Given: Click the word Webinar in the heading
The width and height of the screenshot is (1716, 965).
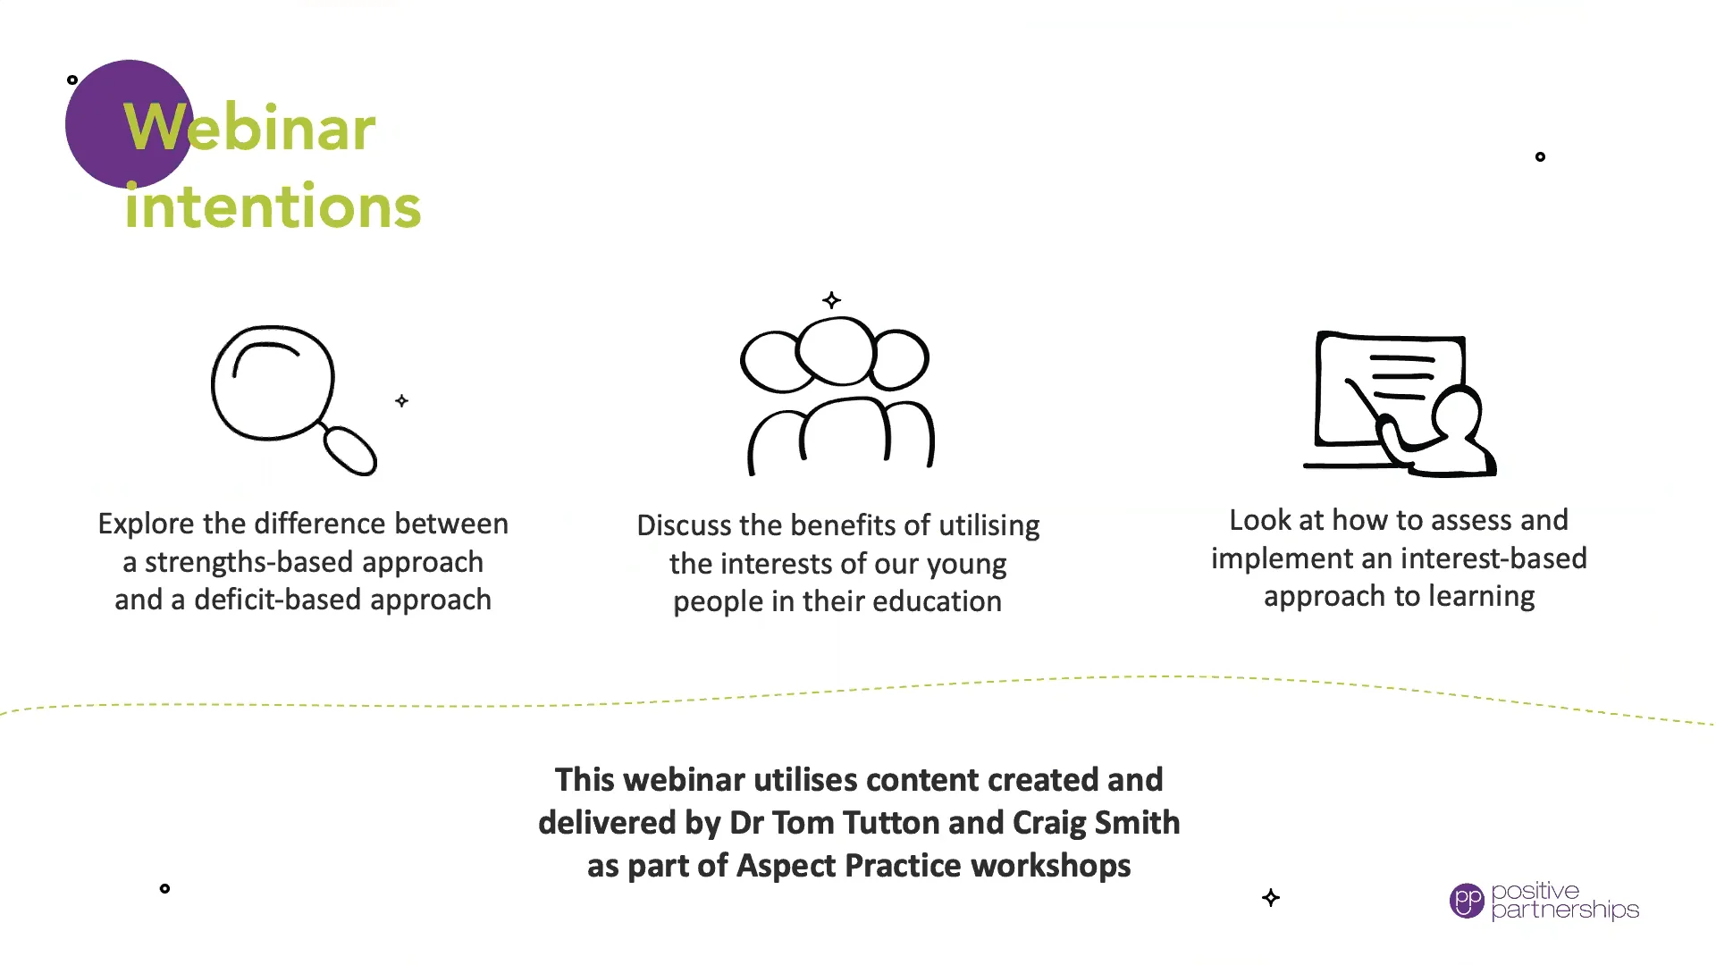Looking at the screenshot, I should pyautogui.click(x=249, y=128).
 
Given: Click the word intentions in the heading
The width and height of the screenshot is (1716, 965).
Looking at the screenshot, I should pyautogui.click(x=273, y=206).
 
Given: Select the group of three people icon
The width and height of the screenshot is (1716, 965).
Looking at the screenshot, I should pyautogui.click(x=837, y=393).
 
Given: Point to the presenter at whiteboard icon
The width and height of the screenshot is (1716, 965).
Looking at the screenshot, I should pyautogui.click(x=1399, y=404).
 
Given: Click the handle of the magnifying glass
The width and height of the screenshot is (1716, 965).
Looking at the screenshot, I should pyautogui.click(x=350, y=450).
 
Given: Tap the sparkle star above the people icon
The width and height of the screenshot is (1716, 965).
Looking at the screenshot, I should pyautogui.click(x=831, y=300).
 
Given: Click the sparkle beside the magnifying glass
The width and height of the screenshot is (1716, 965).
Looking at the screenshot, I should pyautogui.click(x=401, y=401).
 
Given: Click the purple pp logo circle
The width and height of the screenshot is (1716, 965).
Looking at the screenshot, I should pyautogui.click(x=1466, y=901).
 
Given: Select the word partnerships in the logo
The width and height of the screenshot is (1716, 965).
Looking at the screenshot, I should pyautogui.click(x=1565, y=910).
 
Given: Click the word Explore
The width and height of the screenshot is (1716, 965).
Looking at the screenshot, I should pyautogui.click(x=146, y=524).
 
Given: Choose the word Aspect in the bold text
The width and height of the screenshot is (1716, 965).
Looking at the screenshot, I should pyautogui.click(x=786, y=866).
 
